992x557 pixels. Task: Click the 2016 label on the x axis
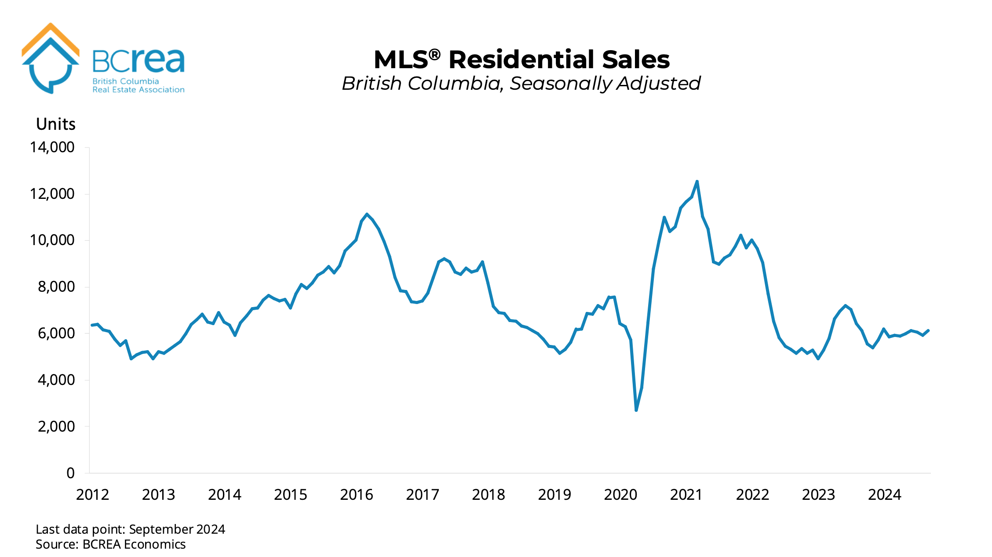pos(356,495)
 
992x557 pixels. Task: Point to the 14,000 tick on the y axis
pos(52,147)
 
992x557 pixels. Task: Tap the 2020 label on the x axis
pos(620,495)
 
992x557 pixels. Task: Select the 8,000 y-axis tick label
pos(56,287)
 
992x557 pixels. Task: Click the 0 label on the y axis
pos(70,473)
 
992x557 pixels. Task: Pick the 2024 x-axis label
pos(884,495)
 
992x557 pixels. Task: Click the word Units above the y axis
pos(56,125)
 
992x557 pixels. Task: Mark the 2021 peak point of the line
pos(697,181)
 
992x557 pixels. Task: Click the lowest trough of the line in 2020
pos(636,410)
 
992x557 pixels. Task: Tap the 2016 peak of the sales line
pos(367,214)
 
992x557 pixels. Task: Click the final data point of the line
pos(928,330)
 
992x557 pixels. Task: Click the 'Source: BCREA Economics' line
pos(110,545)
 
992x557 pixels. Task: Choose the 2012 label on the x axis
pos(92,495)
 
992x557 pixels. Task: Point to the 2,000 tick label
pos(56,427)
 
